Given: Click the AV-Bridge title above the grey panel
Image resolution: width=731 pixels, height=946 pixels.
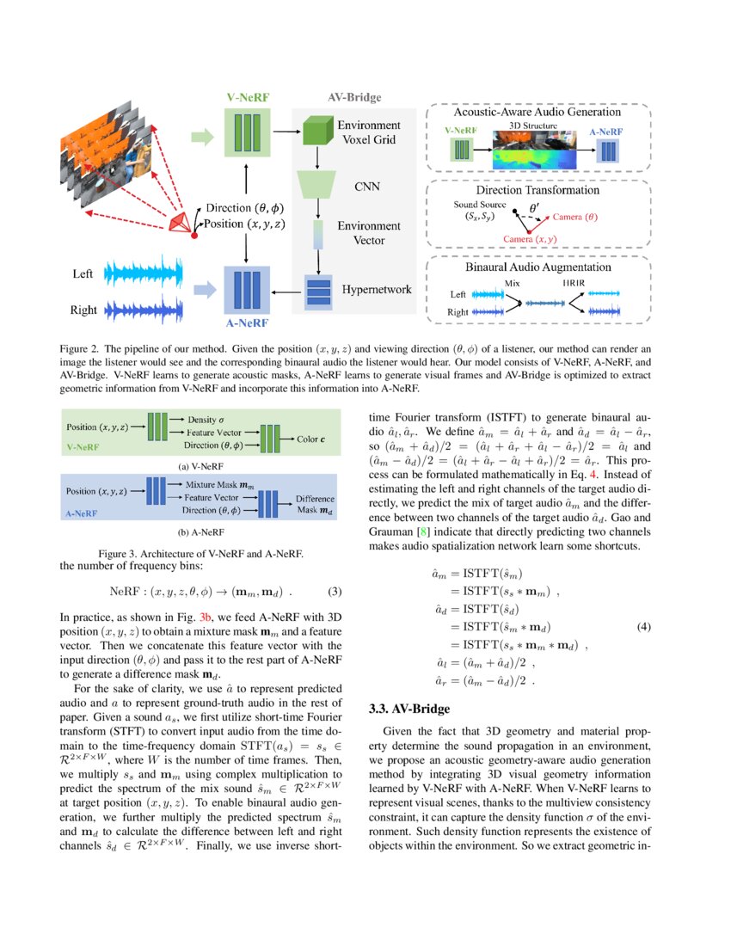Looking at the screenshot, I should point(355,98).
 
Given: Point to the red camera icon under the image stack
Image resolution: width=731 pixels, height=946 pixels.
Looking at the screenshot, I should point(180,222).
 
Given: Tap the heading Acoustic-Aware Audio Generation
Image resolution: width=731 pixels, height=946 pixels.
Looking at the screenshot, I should point(537,113).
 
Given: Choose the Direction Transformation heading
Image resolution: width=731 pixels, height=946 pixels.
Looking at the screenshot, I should point(538,189).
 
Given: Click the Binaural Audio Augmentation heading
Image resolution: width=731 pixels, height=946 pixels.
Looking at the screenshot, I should point(538,267).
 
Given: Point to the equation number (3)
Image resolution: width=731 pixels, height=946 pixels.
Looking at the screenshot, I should point(335,592).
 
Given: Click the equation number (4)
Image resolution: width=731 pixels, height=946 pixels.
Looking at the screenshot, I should point(643,627).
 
